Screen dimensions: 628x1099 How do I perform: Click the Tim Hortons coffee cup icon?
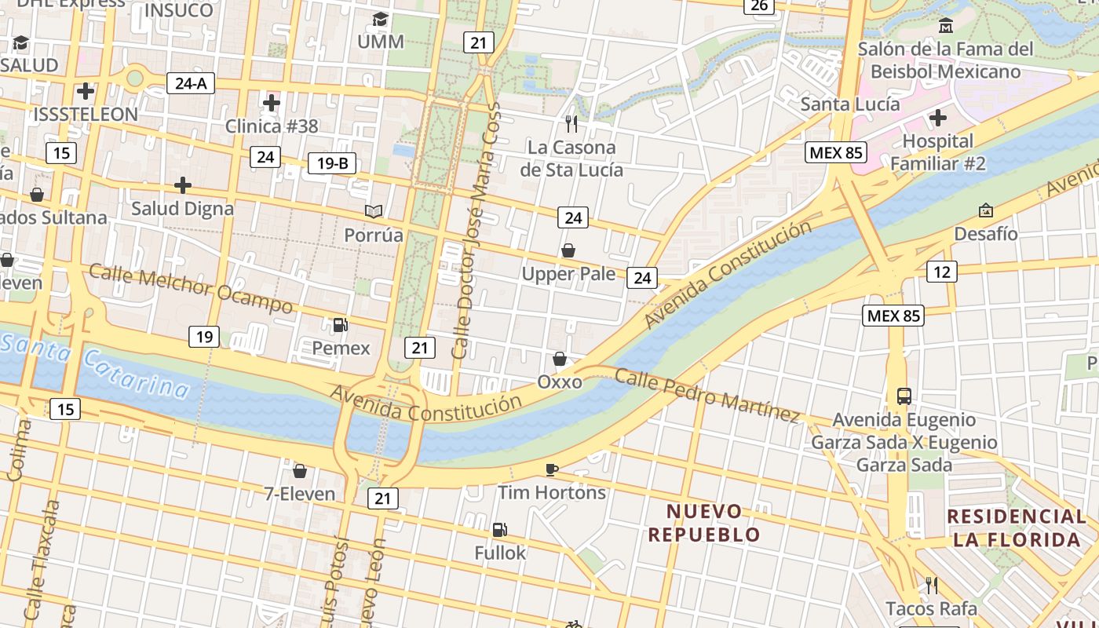click(x=552, y=469)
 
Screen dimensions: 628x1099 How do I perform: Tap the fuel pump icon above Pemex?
click(x=340, y=324)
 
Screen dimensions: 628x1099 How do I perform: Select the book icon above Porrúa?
click(x=374, y=211)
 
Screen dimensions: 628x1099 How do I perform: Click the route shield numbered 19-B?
click(x=332, y=163)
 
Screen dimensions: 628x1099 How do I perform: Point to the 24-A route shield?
click(x=191, y=82)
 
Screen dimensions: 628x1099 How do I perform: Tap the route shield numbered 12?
click(x=941, y=272)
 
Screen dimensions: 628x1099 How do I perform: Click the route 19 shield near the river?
click(x=203, y=337)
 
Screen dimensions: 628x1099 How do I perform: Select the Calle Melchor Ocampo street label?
click(x=191, y=288)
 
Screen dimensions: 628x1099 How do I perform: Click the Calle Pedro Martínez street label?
click(x=706, y=394)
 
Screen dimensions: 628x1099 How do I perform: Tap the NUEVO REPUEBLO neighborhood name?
click(x=704, y=523)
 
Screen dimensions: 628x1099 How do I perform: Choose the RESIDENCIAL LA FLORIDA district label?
click(x=1017, y=528)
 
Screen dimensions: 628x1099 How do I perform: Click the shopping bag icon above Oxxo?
click(x=560, y=359)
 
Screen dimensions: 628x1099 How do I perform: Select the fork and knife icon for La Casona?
click(x=571, y=123)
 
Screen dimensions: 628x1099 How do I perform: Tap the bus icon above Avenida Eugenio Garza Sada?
click(x=904, y=396)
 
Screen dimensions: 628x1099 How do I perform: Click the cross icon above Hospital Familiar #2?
click(x=937, y=119)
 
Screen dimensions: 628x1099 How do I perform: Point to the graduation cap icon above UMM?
click(x=381, y=19)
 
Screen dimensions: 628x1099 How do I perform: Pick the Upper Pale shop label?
click(x=569, y=274)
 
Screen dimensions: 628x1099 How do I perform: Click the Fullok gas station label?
click(x=500, y=553)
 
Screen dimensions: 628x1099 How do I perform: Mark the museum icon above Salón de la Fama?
click(x=946, y=26)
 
